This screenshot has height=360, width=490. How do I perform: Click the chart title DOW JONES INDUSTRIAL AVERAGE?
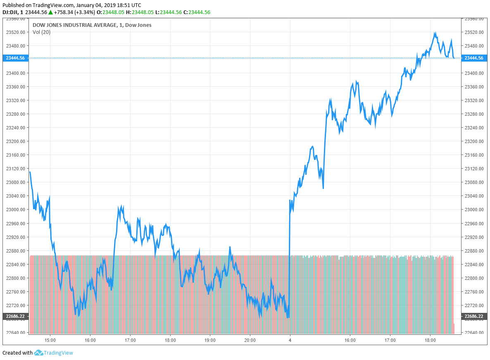(74, 25)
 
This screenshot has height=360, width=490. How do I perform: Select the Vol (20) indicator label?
(41, 32)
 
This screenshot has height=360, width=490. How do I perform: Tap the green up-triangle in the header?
(50, 12)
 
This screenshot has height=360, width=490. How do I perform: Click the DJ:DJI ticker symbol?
(10, 12)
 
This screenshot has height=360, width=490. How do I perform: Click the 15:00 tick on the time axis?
(50, 340)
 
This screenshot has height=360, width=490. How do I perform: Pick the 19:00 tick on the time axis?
(210, 340)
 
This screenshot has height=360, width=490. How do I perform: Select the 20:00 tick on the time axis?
(250, 340)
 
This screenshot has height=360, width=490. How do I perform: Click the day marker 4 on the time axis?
(290, 340)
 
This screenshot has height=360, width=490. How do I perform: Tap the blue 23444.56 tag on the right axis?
(473, 58)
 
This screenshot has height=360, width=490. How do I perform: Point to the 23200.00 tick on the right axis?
(473, 141)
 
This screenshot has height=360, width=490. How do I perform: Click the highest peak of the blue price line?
(435, 33)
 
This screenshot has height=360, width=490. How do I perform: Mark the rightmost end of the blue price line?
(454, 58)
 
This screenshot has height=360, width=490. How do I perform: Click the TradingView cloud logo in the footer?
(38, 353)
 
